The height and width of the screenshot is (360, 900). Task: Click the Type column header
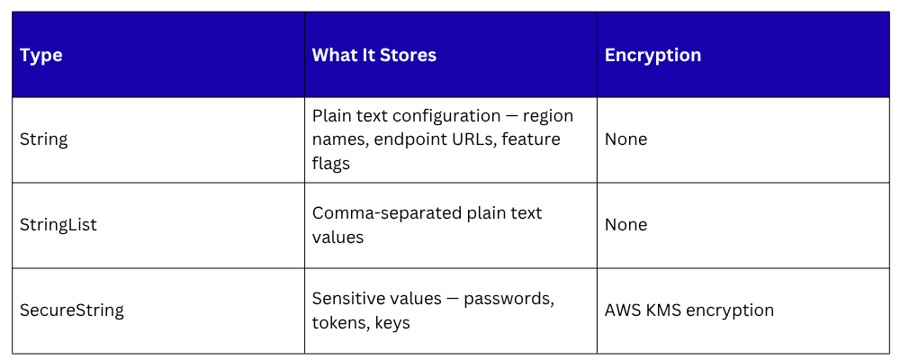41,55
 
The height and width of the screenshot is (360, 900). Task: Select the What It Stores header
374,55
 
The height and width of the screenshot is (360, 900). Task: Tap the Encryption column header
652,55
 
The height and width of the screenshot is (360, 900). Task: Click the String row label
43,139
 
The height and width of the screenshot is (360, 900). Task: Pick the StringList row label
58,224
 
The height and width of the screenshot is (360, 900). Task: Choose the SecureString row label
72,310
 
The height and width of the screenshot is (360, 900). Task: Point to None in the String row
625,139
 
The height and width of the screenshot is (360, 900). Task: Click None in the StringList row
625,224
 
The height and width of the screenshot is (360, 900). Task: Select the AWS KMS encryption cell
689,310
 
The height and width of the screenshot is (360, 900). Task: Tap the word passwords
509,299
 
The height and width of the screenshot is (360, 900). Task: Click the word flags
331,164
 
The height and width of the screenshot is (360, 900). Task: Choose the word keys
392,323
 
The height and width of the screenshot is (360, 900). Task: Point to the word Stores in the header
409,55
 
